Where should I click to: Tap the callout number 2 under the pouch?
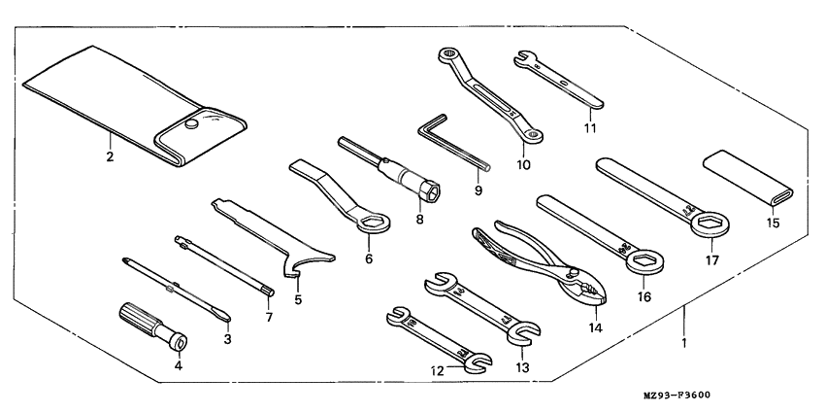[110, 155]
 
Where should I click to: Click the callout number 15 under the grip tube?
[773, 223]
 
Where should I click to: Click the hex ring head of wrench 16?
[642, 262]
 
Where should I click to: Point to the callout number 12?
[439, 369]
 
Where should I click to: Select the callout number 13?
[523, 368]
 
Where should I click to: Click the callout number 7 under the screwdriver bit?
[269, 317]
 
